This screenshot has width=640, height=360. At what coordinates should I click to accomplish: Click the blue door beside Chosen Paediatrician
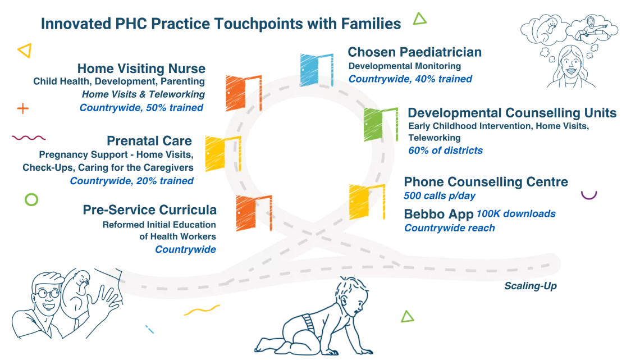tap(316, 70)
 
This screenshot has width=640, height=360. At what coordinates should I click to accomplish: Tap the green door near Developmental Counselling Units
tap(381, 124)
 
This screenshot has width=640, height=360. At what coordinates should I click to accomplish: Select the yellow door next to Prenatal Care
tap(223, 153)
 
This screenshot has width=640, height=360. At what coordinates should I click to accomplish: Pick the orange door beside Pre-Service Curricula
tap(254, 213)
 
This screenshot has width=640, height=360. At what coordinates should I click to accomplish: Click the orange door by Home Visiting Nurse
tap(244, 93)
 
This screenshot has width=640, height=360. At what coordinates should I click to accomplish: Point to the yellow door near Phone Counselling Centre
tap(367, 202)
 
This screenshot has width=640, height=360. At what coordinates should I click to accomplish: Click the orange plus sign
tap(23, 108)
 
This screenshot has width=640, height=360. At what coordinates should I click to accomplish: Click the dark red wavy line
tap(29, 138)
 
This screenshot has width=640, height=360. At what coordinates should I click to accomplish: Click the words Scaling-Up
tap(530, 286)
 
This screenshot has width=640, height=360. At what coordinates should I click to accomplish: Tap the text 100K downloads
tap(516, 213)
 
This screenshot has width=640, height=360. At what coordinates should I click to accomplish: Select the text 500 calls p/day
tap(440, 196)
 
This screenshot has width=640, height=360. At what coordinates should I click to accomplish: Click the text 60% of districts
tap(445, 151)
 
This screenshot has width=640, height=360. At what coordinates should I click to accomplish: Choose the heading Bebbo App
tap(438, 215)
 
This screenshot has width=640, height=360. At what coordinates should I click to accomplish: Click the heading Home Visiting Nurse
tap(141, 68)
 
